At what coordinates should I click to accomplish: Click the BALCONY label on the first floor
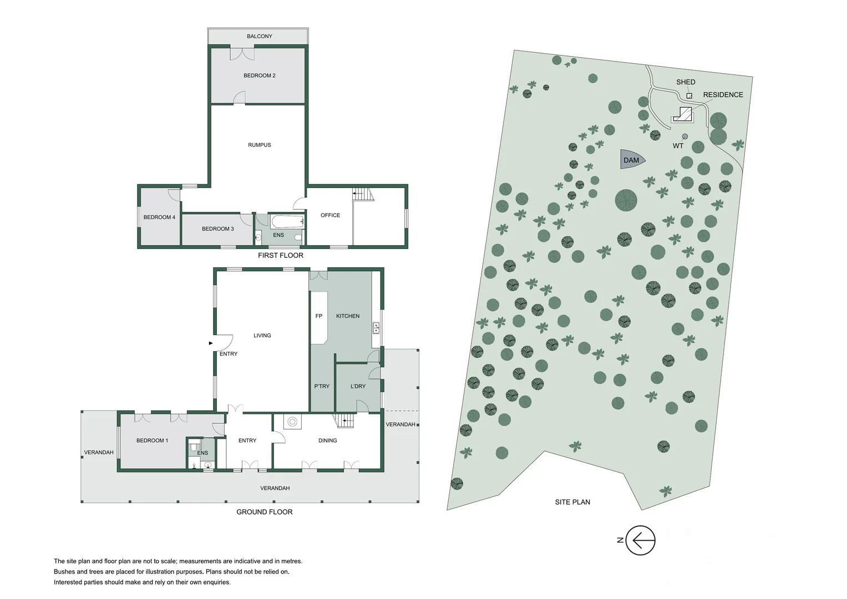pos(259,37)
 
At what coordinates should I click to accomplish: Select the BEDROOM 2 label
pos(259,75)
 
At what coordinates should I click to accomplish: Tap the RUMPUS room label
pos(259,145)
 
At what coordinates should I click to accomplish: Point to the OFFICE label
pos(330,215)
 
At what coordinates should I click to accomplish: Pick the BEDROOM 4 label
pos(159,217)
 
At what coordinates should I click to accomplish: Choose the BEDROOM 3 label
pos(217,229)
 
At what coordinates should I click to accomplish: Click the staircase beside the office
pos(363,194)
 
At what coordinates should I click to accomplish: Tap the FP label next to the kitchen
pos(318,316)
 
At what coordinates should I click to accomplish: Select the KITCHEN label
pos(348,316)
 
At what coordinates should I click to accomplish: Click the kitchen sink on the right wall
pos(376,328)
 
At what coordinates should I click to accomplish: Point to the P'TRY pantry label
pos(322,386)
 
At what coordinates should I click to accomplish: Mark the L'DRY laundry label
pos(358,386)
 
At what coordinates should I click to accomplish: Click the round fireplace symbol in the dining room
pos(292,422)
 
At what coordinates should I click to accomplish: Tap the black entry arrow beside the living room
pos(211,343)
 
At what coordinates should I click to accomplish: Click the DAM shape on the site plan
pos(631,160)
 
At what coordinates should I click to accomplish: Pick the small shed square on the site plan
pos(689,96)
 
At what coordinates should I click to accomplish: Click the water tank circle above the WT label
pos(685,136)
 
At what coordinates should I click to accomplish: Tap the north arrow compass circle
pos(641,540)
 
